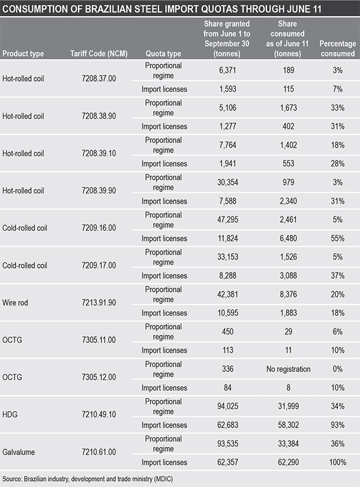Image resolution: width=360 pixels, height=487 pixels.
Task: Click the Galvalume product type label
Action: [19, 452]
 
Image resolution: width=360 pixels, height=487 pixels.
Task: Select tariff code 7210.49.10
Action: [99, 414]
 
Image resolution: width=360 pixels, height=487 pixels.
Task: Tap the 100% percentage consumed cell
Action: [338, 462]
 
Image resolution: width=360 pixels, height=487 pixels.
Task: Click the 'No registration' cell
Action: [289, 369]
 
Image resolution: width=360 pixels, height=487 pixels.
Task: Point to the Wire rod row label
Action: [15, 303]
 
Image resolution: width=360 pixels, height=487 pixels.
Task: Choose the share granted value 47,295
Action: [228, 220]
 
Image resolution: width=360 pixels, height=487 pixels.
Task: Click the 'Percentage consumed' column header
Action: [338, 49]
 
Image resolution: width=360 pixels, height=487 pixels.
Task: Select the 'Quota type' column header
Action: [164, 53]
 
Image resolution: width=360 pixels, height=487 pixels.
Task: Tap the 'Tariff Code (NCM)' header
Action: [99, 53]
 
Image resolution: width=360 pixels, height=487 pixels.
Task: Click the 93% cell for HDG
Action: [338, 425]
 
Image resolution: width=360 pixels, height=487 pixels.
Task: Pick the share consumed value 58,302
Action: [289, 425]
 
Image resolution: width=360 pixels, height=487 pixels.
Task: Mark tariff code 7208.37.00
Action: [99, 78]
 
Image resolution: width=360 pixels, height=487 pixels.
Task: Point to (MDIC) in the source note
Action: [163, 479]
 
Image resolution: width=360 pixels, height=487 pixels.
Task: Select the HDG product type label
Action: [10, 414]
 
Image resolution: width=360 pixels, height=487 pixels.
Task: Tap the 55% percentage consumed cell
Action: [338, 238]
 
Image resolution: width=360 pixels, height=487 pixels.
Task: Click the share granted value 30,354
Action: [228, 183]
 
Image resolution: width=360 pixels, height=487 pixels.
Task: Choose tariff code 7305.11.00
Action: [99, 340]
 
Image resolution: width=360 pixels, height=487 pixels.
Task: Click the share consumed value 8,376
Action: [289, 294]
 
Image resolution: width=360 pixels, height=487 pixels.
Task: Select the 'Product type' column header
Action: [23, 53]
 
